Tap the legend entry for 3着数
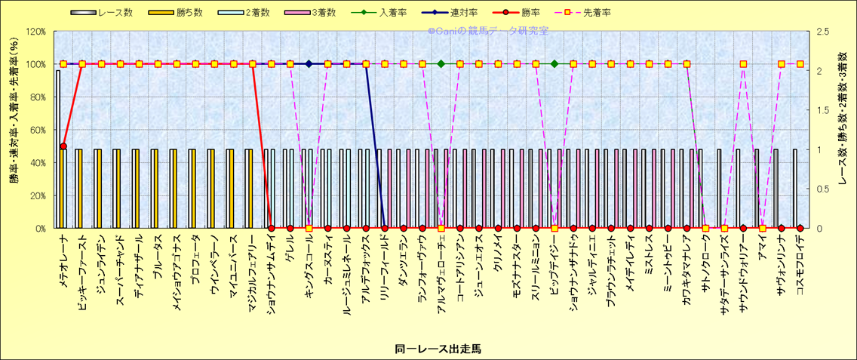coord(328,13)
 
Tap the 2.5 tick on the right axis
coord(819,32)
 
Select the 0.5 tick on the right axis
coord(819,189)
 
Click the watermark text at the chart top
coord(488,31)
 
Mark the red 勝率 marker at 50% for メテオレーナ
coord(63,146)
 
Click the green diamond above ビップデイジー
coord(554,64)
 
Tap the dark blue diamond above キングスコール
coord(309,64)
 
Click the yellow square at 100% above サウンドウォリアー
coord(743,64)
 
